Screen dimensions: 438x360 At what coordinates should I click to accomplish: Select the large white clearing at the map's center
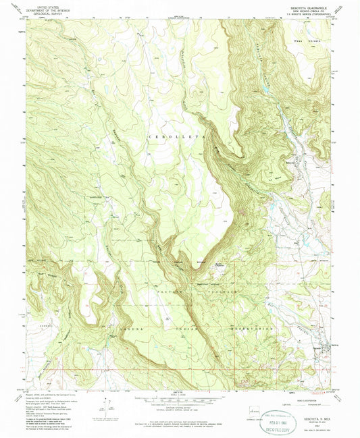(x=223, y=216)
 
